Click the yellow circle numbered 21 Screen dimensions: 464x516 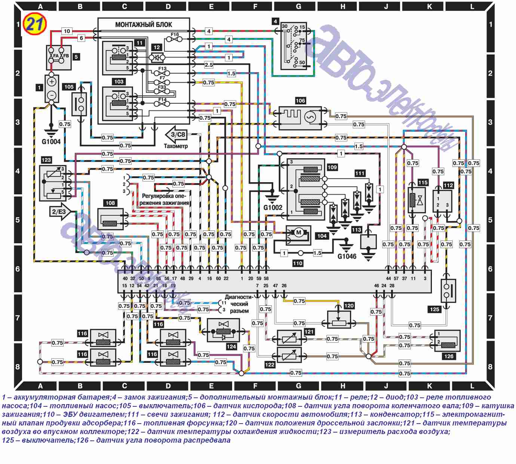point(35,24)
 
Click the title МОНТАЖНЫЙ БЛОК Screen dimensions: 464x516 point(144,25)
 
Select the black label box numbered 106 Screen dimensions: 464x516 point(300,100)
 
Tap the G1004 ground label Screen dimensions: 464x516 point(51,141)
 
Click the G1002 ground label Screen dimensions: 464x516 point(273,207)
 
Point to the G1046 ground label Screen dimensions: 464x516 point(347,256)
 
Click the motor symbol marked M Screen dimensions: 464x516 point(298,233)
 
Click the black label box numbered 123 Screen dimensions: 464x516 point(46,160)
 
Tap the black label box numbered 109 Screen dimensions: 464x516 point(332,167)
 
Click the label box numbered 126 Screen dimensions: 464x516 point(449,356)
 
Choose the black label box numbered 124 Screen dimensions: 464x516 point(231,347)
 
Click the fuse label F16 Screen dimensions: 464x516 point(175,34)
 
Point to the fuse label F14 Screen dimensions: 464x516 point(162,100)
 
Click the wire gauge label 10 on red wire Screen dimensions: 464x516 point(67,31)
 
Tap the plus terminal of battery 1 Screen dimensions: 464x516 point(52,82)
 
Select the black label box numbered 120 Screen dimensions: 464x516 point(349,306)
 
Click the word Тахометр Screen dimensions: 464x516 point(176,146)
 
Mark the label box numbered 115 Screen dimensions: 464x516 point(423,182)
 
